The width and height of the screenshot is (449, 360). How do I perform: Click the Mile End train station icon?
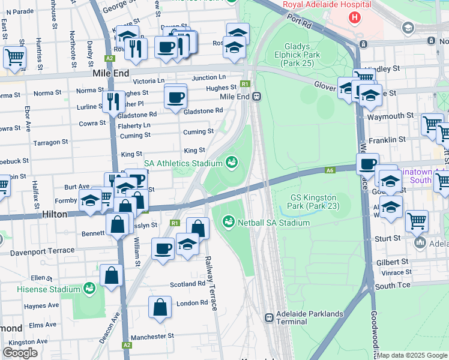point(256,96)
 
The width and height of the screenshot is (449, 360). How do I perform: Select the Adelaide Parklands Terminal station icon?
point(269,317)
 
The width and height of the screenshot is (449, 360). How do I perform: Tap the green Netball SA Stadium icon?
point(228,223)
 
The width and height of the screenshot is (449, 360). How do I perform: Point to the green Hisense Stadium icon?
point(89,289)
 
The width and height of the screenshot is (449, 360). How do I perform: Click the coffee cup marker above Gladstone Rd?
point(175,97)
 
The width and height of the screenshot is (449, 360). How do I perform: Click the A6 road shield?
point(330,170)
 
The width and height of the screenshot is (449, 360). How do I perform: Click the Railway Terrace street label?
point(211,283)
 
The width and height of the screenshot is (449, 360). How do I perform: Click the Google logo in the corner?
point(20,353)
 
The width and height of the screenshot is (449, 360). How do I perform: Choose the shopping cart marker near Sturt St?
point(417,220)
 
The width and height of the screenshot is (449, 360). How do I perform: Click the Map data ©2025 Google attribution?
point(412,355)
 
